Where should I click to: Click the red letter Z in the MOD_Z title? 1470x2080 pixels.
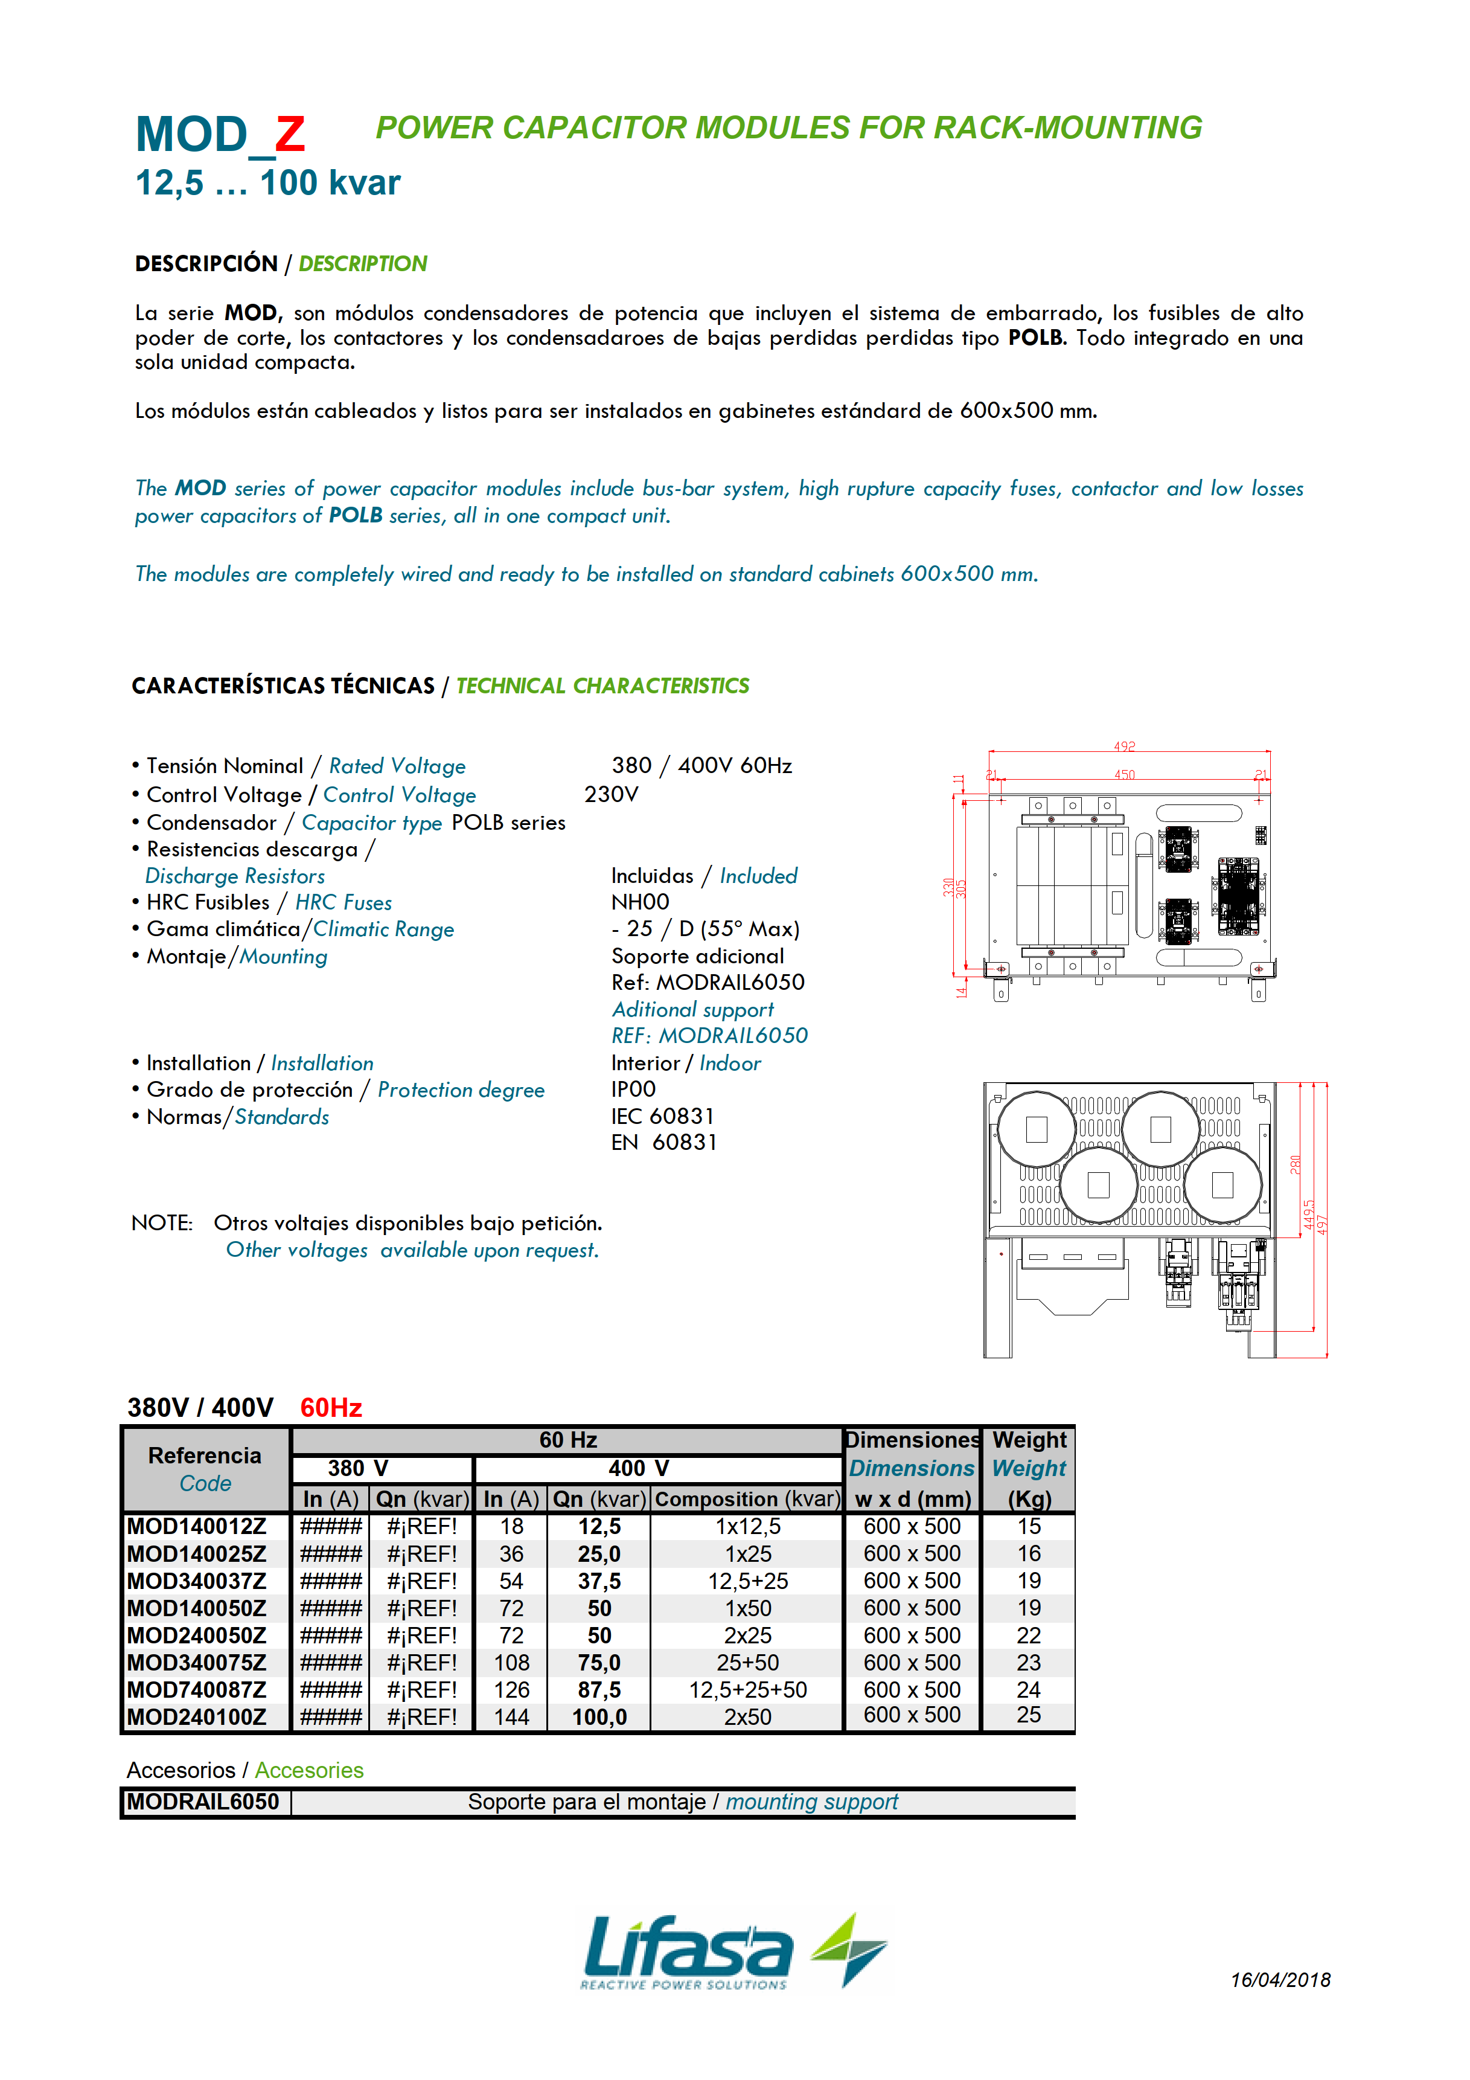290,135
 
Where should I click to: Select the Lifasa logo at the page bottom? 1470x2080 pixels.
733,1951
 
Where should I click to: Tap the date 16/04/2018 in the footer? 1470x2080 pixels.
1280,1980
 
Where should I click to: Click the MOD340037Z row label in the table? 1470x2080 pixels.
197,1581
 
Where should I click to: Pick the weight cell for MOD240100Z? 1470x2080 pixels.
1028,1715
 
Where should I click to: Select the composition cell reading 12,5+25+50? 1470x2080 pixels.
747,1690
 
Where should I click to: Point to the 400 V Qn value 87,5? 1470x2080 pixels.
599,1690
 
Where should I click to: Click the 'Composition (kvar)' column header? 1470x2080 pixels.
747,1499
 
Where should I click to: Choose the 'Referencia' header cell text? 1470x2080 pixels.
205,1455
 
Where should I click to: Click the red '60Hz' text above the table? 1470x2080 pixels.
331,1407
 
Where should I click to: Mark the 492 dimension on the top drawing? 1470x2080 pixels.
1124,746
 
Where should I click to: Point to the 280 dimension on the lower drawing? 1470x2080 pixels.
1295,1164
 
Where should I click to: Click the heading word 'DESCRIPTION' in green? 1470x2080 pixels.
362,263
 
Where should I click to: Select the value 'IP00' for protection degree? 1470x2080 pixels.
633,1089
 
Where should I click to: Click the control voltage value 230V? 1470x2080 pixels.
612,795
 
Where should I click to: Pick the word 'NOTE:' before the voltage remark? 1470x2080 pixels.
162,1223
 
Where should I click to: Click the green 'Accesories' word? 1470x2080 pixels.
309,1770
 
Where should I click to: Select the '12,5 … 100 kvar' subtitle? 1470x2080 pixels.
267,183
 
